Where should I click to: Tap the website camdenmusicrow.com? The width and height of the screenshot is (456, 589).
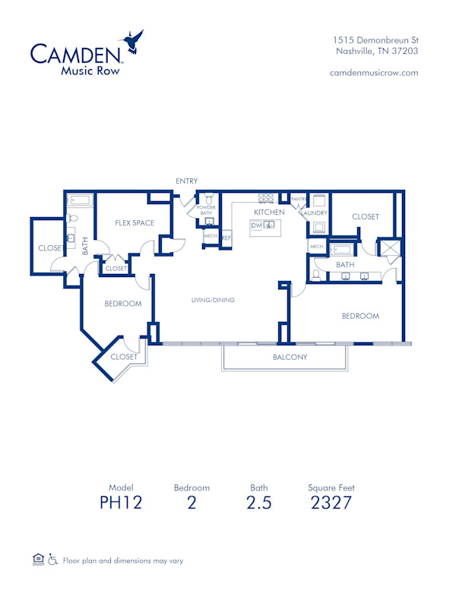click(x=374, y=73)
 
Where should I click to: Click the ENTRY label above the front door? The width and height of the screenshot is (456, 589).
click(x=186, y=181)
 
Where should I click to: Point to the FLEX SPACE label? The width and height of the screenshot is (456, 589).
click(x=135, y=223)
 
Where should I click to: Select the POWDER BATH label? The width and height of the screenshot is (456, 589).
click(x=206, y=210)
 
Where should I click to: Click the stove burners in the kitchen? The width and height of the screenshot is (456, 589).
click(x=265, y=199)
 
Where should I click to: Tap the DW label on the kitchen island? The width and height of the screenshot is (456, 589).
click(x=256, y=226)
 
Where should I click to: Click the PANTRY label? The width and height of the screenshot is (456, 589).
click(x=298, y=200)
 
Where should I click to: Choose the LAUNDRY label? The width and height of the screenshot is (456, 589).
click(x=313, y=213)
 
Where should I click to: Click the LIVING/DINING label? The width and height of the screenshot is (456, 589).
click(x=213, y=301)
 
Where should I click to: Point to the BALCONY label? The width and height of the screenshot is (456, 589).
click(x=290, y=357)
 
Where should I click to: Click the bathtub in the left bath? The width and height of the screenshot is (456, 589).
click(x=79, y=201)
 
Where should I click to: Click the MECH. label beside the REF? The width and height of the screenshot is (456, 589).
click(x=211, y=236)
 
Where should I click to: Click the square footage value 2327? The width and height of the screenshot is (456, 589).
click(x=331, y=502)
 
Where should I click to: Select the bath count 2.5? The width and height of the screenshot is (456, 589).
click(x=258, y=502)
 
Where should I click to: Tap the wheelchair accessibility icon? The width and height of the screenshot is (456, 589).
click(x=53, y=560)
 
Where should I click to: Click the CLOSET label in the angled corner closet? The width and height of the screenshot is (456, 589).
click(x=124, y=357)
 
